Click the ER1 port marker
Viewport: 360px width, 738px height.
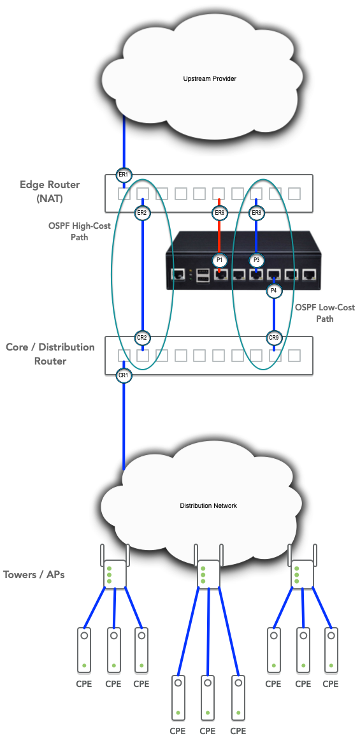point(124,175)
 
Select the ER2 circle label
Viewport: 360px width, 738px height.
point(141,213)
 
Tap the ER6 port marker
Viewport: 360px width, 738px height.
point(219,213)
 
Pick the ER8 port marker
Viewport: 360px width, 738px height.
point(256,213)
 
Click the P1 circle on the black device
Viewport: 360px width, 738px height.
point(219,259)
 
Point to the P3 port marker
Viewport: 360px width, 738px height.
point(256,259)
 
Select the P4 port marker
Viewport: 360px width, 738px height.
point(274,291)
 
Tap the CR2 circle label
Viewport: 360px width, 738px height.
point(141,337)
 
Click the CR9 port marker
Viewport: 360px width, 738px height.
point(274,337)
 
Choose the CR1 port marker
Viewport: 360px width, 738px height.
point(124,375)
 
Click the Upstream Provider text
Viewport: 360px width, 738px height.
point(210,78)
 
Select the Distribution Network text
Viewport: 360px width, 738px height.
point(208,505)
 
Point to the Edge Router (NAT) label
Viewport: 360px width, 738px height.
point(50,191)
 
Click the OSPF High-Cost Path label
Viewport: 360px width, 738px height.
point(79,231)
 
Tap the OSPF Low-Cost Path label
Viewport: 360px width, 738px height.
point(325,313)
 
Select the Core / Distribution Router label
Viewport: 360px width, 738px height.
point(50,354)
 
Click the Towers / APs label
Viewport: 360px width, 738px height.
point(33,575)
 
